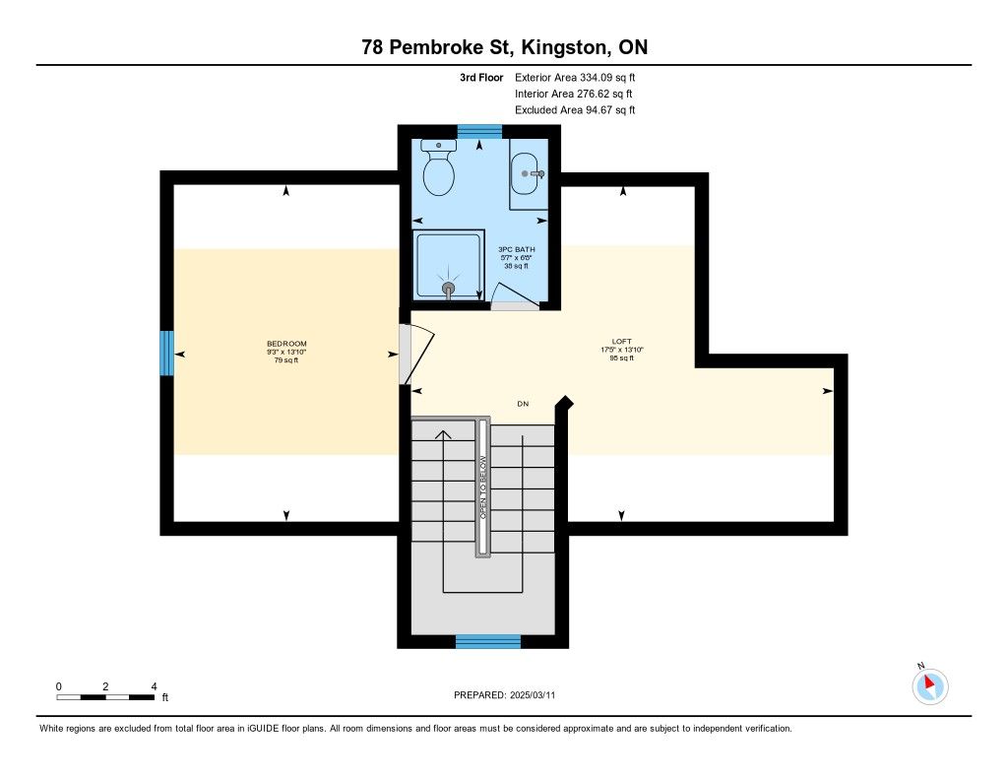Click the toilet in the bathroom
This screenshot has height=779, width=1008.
[439, 167]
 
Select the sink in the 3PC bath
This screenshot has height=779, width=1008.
[528, 173]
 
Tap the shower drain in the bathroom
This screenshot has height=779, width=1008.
[449, 289]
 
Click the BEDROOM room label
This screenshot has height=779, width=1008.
[286, 344]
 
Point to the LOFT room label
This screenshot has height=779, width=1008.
[622, 342]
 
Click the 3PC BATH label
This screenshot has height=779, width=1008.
[516, 249]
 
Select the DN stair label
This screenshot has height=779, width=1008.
[523, 404]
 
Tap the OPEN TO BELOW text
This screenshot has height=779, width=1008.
[482, 487]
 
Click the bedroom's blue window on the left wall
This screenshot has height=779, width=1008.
[166, 354]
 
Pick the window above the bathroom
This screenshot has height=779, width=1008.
[479, 132]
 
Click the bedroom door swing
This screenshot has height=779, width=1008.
[417, 354]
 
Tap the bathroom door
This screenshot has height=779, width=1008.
[515, 297]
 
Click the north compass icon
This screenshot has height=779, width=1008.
[929, 685]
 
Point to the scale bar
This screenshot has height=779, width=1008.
[105, 697]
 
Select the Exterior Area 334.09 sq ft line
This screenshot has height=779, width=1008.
[575, 78]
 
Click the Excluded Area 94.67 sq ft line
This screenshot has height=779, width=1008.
[575, 110]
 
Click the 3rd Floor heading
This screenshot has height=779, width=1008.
[481, 78]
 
